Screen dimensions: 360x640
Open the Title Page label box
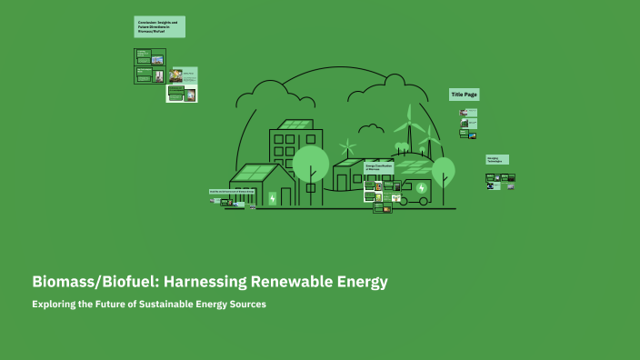464,95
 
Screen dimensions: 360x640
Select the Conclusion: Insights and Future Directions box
160,27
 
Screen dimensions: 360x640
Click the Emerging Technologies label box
497,159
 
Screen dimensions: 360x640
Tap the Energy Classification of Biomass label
378,168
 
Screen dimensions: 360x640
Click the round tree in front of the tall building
311,164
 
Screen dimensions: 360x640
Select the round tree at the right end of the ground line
443,170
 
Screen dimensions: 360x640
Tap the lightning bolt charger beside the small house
272,198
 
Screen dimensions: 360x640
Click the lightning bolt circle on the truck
421,188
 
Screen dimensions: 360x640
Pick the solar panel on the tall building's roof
294,125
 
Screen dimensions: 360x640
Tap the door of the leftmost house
287,196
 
